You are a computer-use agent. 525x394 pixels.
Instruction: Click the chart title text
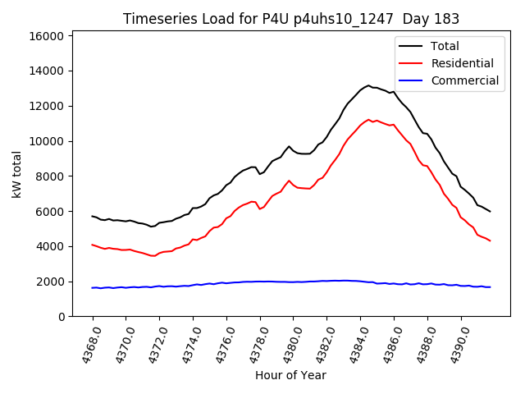pyautogui.click(x=290, y=19)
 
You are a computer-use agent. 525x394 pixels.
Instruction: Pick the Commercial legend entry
pyautogui.click(x=464, y=80)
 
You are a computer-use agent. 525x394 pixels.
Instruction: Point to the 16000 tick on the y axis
pyautogui.click(x=48, y=36)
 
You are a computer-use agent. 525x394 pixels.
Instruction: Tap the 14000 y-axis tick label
pyautogui.click(x=48, y=71)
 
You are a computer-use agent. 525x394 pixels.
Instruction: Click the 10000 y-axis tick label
pyautogui.click(x=48, y=141)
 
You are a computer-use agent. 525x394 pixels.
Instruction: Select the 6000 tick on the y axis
pyautogui.click(x=51, y=212)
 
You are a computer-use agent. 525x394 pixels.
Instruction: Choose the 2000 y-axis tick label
pyautogui.click(x=51, y=282)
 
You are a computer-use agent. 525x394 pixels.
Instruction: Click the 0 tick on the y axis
pyautogui.click(x=62, y=317)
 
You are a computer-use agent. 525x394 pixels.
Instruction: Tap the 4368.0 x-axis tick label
pyautogui.click(x=86, y=345)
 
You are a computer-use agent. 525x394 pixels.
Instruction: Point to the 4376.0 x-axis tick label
pyautogui.click(x=220, y=345)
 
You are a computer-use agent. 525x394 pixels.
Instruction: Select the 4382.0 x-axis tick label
pyautogui.click(x=321, y=345)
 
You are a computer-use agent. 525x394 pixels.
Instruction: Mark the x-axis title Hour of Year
pyautogui.click(x=290, y=375)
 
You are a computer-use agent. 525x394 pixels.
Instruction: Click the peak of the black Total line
pyautogui.click(x=369, y=85)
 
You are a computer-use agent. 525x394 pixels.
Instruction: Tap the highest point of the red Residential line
pyautogui.click(x=369, y=120)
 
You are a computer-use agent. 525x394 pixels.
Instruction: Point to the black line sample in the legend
pyautogui.click(x=411, y=46)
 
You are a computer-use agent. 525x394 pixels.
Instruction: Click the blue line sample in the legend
pyautogui.click(x=411, y=80)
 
